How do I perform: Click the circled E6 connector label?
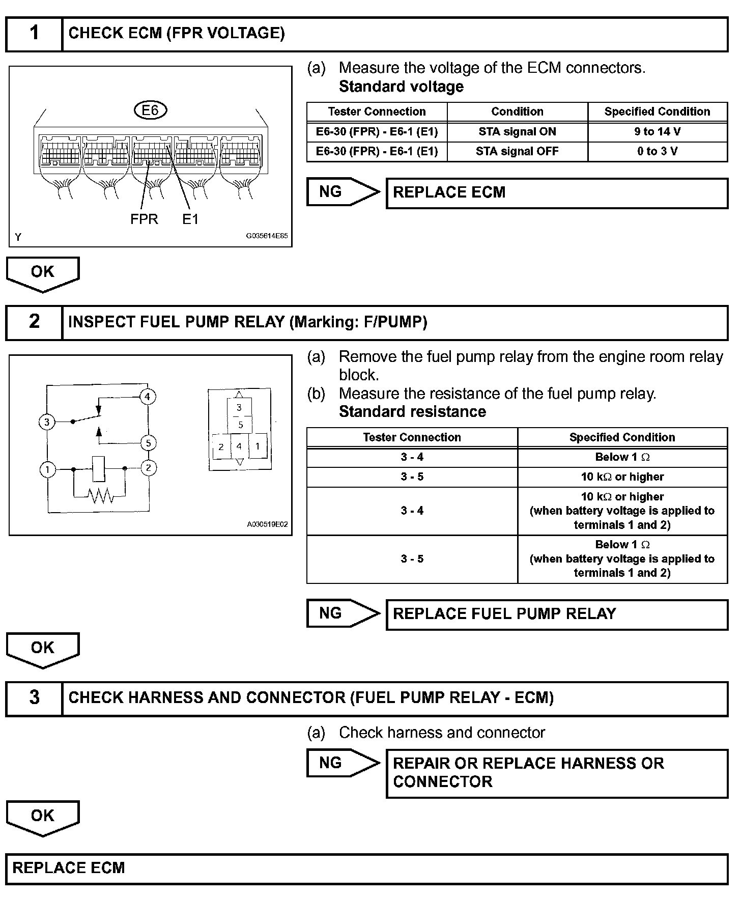150,110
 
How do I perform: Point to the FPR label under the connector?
144,219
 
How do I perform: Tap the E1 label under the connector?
190,219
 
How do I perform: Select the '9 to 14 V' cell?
657,131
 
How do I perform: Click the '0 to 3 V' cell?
657,151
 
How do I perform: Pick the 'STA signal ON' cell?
517,131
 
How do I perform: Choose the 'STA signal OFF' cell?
517,151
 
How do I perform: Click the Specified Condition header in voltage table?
657,111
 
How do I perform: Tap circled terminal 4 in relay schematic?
148,397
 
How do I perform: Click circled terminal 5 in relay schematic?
148,443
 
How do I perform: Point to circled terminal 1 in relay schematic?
47,469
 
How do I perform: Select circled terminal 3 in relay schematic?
47,422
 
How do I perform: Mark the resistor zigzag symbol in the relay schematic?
101,495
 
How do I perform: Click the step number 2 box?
34,322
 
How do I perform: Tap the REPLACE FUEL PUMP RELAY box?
557,614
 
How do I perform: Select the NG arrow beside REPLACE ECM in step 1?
343,192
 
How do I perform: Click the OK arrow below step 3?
43,817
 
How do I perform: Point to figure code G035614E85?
267,236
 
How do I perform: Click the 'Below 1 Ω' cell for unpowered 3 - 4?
622,457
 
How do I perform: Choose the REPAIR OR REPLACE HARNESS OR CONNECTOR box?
557,773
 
